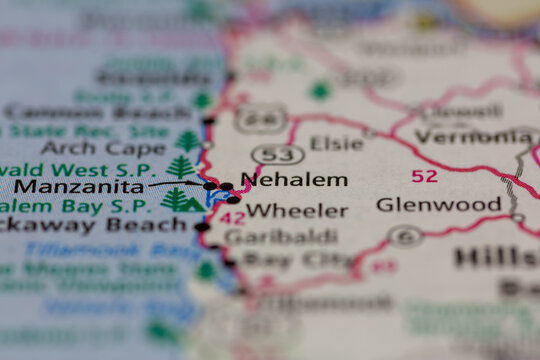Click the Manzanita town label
[78, 186]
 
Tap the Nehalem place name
[295, 180]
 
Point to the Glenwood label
[438, 205]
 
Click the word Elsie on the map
[336, 143]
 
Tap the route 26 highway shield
[262, 119]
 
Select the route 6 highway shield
[405, 237]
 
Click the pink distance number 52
[424, 176]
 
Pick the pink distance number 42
[232, 217]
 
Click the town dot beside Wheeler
[233, 199]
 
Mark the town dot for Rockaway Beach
[202, 227]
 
